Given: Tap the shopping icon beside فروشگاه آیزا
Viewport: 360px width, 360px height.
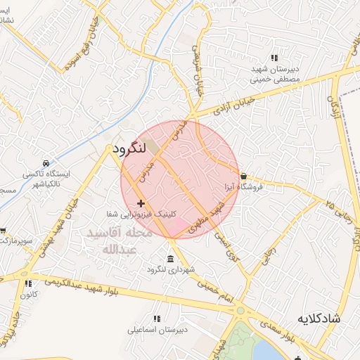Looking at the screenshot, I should pyautogui.click(x=243, y=176).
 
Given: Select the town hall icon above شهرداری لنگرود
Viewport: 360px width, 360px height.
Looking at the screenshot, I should pyautogui.click(x=169, y=258).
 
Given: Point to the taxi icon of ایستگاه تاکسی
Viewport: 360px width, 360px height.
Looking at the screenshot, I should pyautogui.click(x=46, y=162).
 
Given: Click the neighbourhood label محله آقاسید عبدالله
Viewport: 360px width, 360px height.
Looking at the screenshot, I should pyautogui.click(x=117, y=240).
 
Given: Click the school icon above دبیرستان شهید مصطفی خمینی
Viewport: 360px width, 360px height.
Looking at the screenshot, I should pyautogui.click(x=274, y=58).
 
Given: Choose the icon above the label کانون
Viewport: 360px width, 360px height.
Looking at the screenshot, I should pyautogui.click(x=28, y=283).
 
